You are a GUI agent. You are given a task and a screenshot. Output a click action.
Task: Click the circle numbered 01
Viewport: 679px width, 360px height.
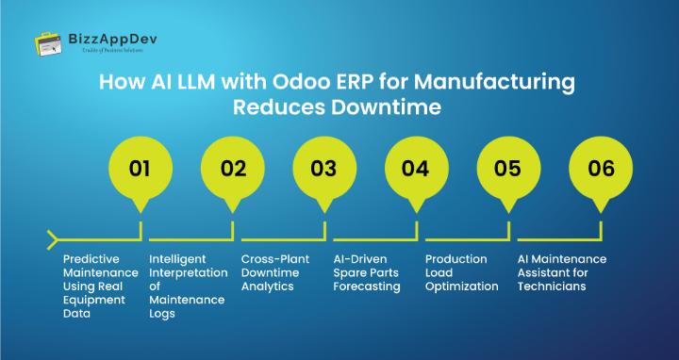[140, 170]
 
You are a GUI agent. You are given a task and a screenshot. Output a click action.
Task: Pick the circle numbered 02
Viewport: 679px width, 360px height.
[233, 170]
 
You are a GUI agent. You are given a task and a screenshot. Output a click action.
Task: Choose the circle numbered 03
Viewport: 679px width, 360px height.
[323, 170]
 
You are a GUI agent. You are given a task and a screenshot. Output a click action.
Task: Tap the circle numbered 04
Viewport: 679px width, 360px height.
[415, 170]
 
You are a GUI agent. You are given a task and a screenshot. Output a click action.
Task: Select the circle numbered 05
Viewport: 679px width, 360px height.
[506, 170]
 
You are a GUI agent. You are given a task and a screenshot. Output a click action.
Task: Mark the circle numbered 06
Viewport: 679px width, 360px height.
[601, 170]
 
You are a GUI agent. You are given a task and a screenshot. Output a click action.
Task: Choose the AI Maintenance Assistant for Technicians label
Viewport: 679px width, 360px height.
[562, 272]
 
